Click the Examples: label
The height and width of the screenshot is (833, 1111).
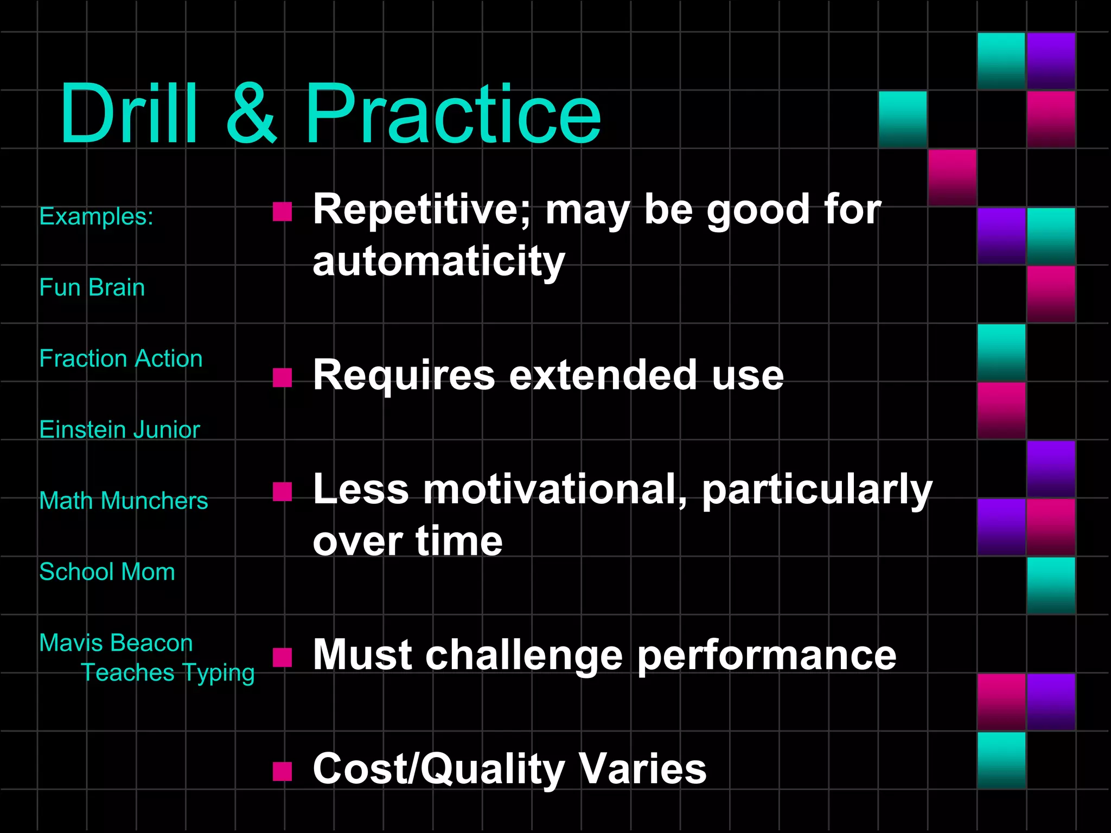(x=97, y=216)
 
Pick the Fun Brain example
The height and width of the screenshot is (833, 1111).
(x=92, y=287)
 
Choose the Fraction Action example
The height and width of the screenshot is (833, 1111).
(x=121, y=358)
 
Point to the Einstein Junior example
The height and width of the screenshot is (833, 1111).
(x=120, y=430)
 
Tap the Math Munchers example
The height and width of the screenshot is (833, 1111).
(x=124, y=501)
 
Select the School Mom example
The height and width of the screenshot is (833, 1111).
(x=107, y=572)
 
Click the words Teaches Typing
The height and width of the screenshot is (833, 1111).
(x=168, y=673)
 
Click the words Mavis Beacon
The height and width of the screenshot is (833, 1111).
(x=116, y=643)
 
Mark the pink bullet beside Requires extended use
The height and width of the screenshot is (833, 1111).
(x=282, y=377)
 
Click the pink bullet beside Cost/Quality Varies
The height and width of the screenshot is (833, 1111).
(x=282, y=771)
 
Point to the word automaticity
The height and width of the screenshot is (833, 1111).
(x=439, y=262)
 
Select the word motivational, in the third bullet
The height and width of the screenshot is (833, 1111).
(x=555, y=490)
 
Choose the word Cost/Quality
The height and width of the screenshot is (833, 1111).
(x=439, y=769)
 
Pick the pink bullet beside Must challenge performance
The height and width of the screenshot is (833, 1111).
(x=282, y=657)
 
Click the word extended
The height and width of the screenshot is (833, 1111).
(x=603, y=375)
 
